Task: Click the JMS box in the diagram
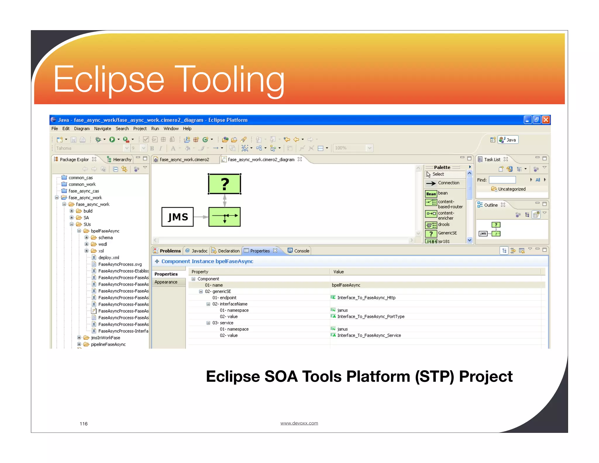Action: click(178, 217)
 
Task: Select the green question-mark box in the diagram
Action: click(224, 184)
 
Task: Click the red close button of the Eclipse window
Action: click(546, 120)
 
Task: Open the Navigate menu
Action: click(102, 128)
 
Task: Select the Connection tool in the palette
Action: click(448, 183)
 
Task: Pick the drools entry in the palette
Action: click(443, 224)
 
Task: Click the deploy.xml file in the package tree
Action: click(109, 258)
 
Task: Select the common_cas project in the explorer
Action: click(80, 178)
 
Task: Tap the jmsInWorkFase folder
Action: click(105, 338)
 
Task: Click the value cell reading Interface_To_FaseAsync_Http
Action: click(366, 298)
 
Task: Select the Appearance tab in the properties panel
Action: click(166, 282)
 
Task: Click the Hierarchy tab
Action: click(122, 160)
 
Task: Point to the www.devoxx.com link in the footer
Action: click(299, 423)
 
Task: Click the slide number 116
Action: click(84, 424)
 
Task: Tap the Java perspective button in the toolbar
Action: click(508, 140)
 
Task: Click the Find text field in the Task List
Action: click(502, 180)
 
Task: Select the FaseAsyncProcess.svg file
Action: click(120, 264)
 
